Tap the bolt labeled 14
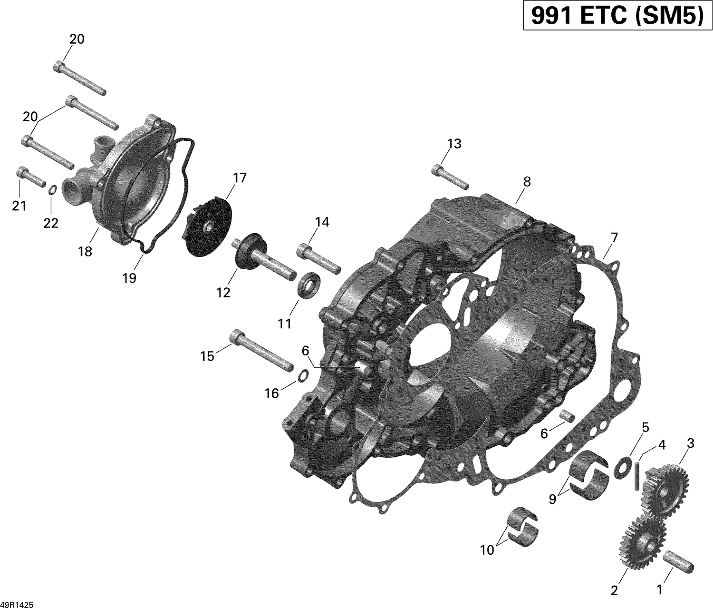coord(318,258)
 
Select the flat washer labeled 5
coord(622,466)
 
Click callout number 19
coord(129,278)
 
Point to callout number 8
coord(526,181)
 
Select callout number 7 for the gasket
coord(614,236)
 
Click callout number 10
coord(487,550)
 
